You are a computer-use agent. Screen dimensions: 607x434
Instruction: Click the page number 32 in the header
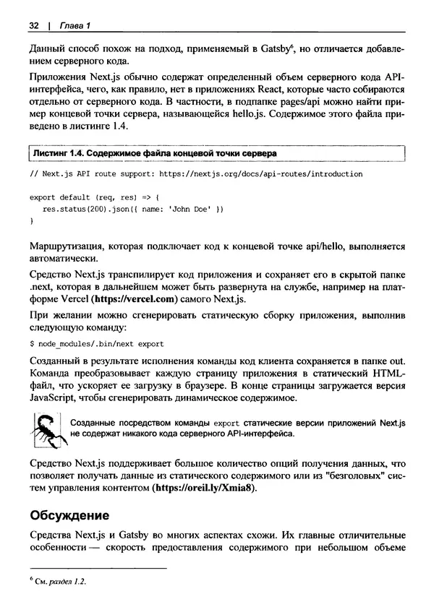coord(33,27)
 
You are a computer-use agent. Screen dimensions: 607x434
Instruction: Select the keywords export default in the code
coord(60,197)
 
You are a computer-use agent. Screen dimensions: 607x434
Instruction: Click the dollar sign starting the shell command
coord(33,344)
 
